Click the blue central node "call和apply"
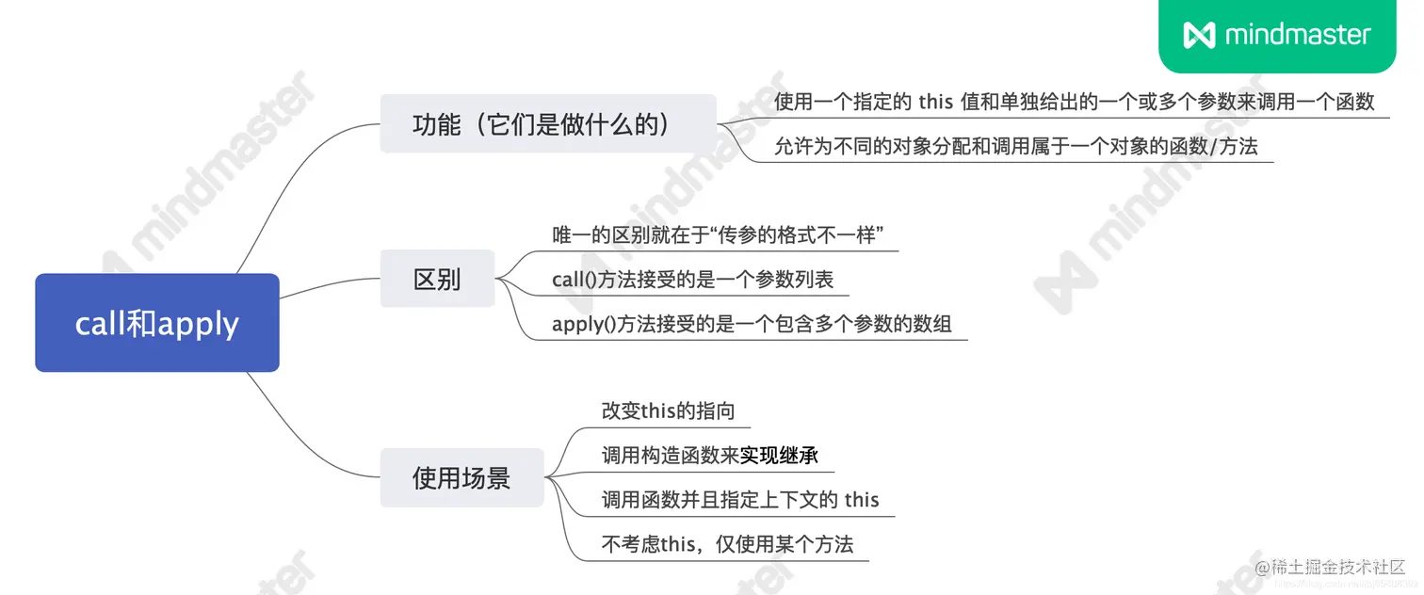(x=157, y=323)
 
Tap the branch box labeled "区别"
(x=437, y=279)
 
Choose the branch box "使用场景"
(x=461, y=477)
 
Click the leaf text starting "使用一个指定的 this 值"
(x=1074, y=102)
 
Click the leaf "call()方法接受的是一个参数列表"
(x=692, y=280)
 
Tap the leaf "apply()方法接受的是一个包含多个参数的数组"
(x=752, y=325)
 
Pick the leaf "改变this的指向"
(x=668, y=410)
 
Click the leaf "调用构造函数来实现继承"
(x=709, y=456)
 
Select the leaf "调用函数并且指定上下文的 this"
(x=740, y=499)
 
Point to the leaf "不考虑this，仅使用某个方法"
(x=727, y=543)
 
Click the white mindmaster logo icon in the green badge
(x=1199, y=35)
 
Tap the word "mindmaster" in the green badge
(x=1298, y=35)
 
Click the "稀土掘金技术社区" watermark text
(x=1337, y=567)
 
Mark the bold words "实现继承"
(x=779, y=456)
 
